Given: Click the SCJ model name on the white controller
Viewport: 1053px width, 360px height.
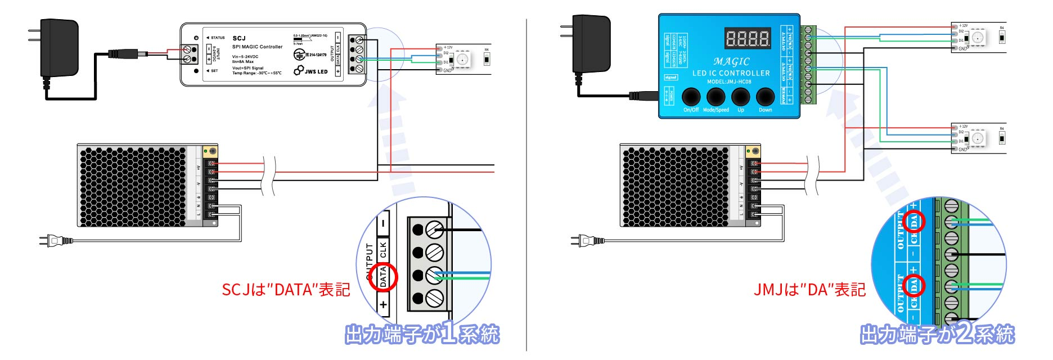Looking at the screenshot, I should pos(239,38).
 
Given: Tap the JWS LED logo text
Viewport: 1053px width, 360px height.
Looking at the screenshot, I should pos(316,71).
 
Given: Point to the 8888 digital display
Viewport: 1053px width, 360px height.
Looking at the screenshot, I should pos(748,38).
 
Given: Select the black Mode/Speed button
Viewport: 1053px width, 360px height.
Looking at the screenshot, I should pos(715,97).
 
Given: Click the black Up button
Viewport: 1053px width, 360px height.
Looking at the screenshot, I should pos(741,97).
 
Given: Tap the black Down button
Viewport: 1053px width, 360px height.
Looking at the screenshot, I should pos(765,97).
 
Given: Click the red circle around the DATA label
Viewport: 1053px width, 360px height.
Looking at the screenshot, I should pos(383,277).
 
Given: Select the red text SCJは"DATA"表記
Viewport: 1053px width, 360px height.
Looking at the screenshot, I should pos(286,290).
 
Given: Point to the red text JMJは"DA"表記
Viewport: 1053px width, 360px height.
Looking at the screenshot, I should pos(809,290).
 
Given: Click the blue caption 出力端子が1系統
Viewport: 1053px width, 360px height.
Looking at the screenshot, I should pos(422,334).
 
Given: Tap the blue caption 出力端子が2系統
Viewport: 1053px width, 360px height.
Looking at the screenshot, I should pos(937,334).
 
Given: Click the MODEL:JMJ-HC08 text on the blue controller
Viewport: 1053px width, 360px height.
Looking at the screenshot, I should pos(729,82).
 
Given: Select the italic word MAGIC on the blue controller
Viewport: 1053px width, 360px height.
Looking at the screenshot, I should pos(731,61).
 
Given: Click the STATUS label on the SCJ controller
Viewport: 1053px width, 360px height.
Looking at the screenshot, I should pos(217,38).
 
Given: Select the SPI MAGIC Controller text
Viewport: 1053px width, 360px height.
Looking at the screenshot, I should pos(257,47).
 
